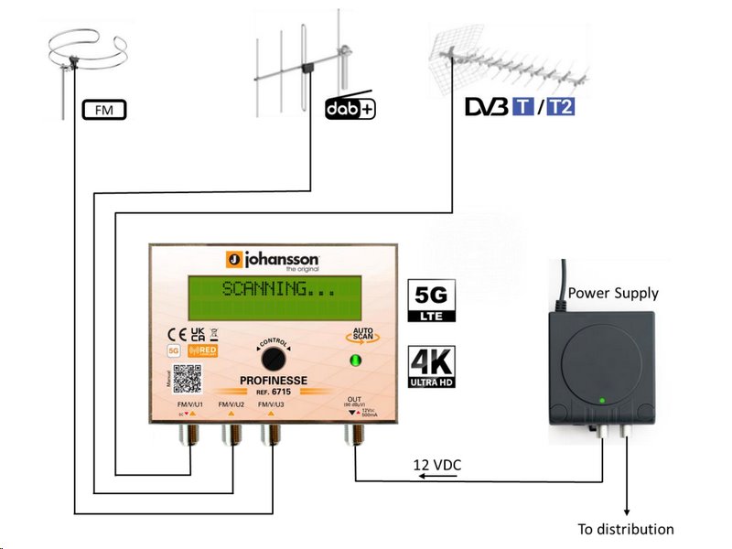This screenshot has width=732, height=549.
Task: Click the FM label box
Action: (104, 111)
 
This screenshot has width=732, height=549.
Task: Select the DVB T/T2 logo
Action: (520, 107)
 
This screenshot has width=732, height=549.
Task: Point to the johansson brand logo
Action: (274, 258)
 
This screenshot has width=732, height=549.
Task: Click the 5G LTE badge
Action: (430, 302)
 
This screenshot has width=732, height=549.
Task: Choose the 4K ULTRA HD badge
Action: (430, 366)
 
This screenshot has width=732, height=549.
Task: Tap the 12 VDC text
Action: (437, 466)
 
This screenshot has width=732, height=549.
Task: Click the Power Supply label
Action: (613, 293)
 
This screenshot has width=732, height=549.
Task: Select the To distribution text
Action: (626, 529)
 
